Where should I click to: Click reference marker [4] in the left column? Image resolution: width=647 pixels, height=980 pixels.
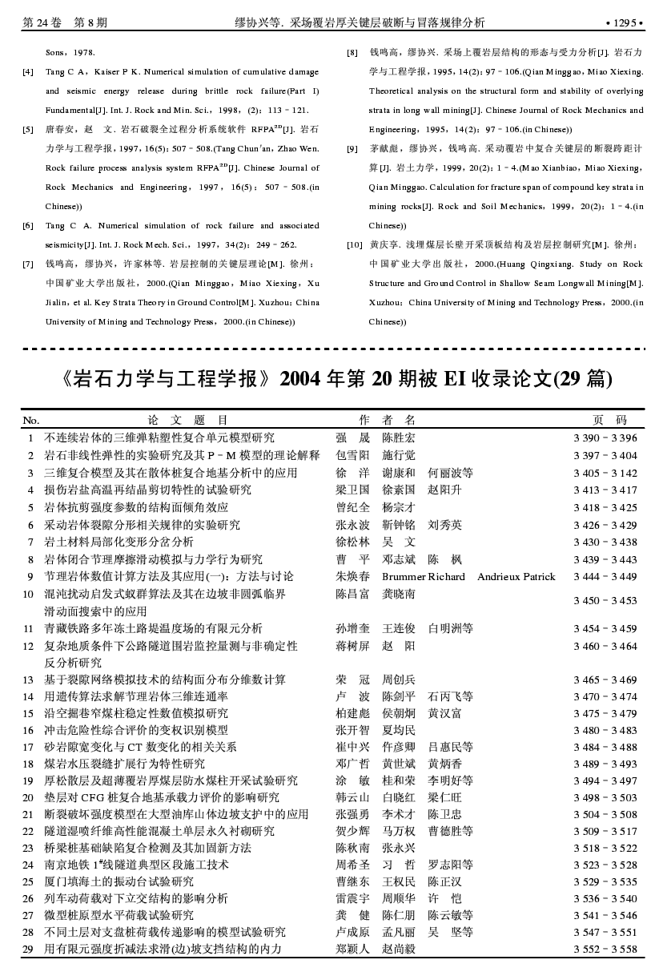pos(28,72)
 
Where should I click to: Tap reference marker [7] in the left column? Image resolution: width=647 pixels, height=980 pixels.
pos(28,264)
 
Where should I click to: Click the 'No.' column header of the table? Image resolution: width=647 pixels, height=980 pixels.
pos(31,420)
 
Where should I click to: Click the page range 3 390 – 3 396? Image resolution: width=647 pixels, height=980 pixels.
pos(605,438)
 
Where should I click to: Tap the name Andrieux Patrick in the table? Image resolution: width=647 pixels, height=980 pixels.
pos(516,577)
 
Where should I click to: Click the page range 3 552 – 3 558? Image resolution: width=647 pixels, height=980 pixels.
pos(605,950)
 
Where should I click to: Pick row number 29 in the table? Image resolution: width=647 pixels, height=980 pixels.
pos(28,950)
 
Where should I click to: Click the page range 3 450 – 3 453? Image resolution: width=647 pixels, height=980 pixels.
pos(605,601)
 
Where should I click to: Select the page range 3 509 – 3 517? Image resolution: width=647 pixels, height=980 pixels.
pos(605,832)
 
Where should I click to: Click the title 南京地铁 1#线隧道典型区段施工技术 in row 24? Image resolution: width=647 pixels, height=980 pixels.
pos(136,865)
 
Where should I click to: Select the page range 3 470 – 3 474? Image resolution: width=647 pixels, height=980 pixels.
pos(605,697)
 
